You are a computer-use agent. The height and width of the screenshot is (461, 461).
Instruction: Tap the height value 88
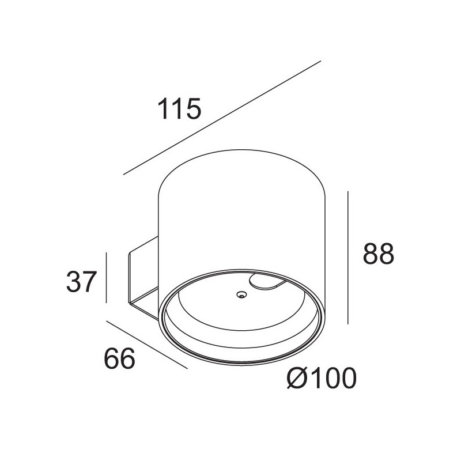(x=378, y=254)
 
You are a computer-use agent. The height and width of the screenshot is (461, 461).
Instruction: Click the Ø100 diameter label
(x=321, y=379)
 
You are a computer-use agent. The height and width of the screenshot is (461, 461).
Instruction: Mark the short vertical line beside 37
(x=107, y=277)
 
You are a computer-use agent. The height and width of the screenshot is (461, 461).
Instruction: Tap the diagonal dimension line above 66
(x=147, y=344)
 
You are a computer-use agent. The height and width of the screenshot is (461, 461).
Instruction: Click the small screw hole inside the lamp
(x=240, y=296)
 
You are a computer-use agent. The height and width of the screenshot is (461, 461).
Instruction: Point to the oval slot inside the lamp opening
(x=267, y=282)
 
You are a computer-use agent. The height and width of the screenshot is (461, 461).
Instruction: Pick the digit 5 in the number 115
(x=193, y=109)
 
